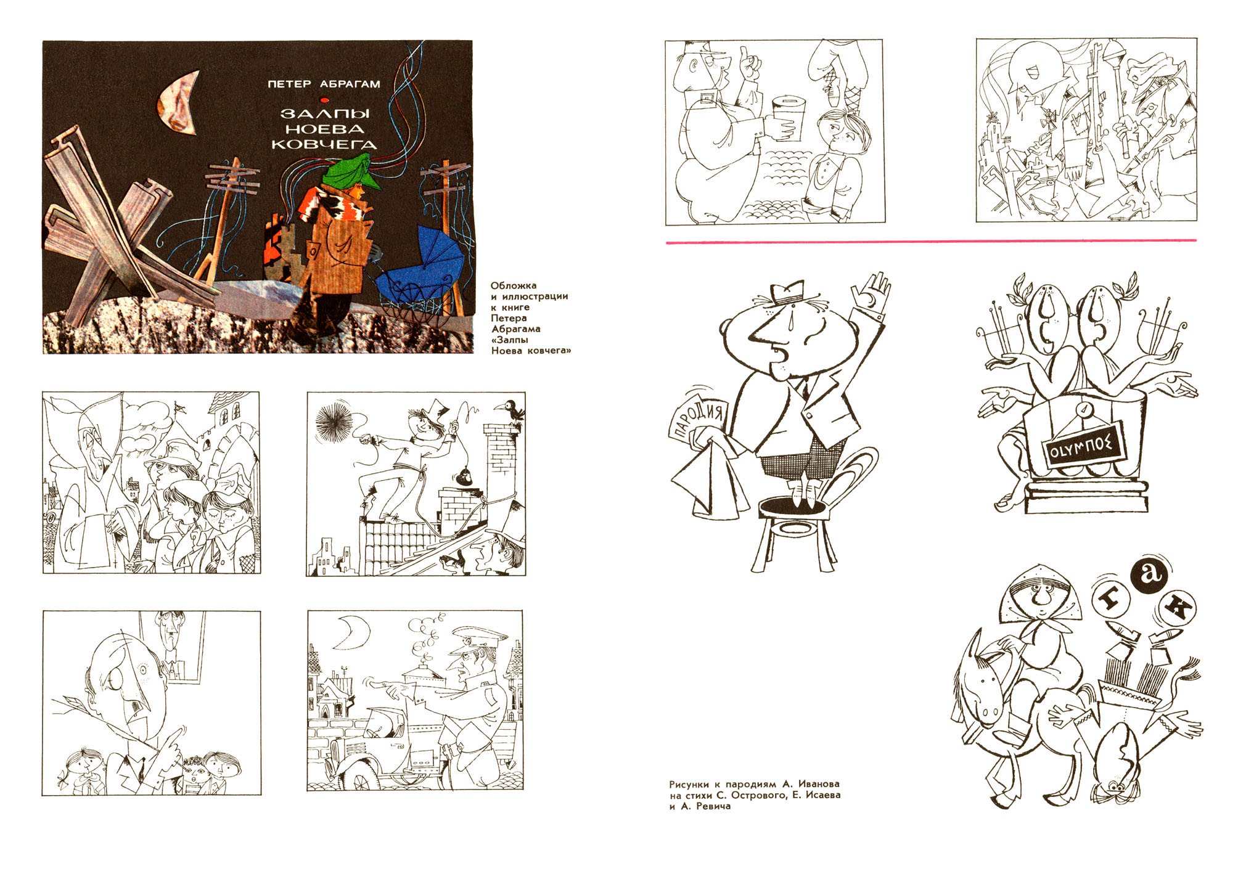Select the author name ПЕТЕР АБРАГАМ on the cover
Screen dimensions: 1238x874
point(324,84)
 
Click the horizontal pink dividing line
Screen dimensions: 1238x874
point(931,241)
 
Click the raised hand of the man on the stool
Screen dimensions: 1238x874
point(872,292)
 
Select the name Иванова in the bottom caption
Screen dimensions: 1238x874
point(819,784)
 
